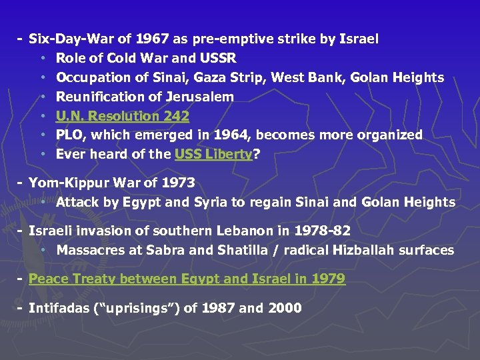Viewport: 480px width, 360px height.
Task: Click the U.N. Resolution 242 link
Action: click(122, 116)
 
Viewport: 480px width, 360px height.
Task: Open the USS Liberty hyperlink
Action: click(213, 154)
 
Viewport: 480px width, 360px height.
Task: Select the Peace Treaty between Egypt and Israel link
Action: click(187, 279)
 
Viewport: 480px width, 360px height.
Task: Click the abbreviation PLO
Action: click(71, 135)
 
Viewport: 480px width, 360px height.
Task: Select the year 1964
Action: click(233, 135)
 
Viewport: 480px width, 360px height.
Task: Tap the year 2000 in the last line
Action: click(284, 308)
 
